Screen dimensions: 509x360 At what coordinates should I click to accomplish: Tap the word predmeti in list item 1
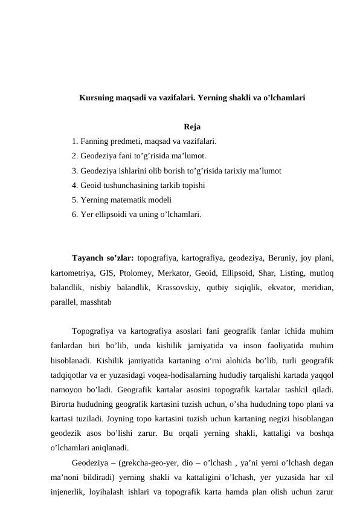point(124,141)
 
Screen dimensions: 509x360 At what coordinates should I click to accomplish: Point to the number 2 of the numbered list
point(73,156)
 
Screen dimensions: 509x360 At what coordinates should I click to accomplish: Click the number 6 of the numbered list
point(73,214)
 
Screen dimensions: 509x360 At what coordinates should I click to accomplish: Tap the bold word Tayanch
point(88,257)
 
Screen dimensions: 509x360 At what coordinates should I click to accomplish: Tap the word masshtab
point(93,300)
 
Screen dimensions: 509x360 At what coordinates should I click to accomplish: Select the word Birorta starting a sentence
point(66,404)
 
